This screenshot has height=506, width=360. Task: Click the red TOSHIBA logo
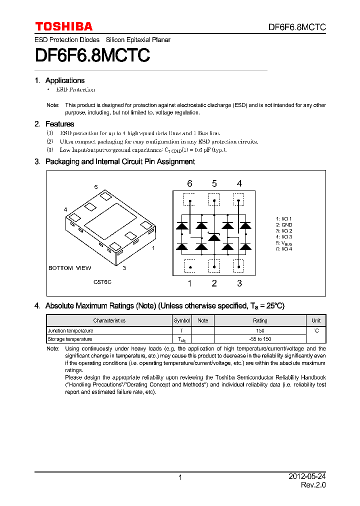(x=63, y=26)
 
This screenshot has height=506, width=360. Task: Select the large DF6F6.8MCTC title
(x=92, y=55)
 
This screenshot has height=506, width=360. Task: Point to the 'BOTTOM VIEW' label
(x=69, y=268)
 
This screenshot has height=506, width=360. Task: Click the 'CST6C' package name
(x=102, y=282)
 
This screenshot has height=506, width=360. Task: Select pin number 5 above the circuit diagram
(x=214, y=184)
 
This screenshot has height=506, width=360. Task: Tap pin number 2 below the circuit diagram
(x=214, y=283)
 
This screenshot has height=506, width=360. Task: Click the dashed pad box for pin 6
(x=189, y=200)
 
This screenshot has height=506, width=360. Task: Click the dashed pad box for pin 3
(x=239, y=266)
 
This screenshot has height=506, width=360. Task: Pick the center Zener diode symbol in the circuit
(x=214, y=237)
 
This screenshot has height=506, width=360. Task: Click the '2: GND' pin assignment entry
(x=283, y=225)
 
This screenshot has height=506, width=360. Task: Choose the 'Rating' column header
(x=260, y=320)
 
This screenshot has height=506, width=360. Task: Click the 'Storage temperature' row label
(x=70, y=339)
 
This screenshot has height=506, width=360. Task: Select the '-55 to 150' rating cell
(x=260, y=339)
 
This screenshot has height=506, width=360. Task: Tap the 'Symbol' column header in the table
(x=182, y=320)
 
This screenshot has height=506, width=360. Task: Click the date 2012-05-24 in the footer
(x=307, y=477)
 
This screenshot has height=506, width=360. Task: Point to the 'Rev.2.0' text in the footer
(x=313, y=485)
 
